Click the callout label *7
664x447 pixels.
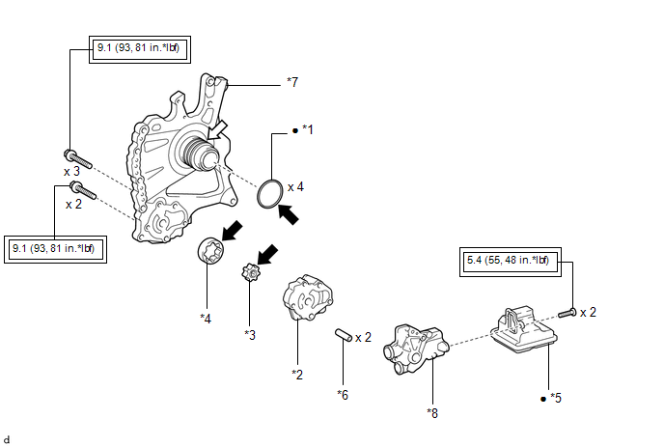293,84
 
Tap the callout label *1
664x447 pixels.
308,128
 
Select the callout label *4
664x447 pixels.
207,317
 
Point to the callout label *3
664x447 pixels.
250,334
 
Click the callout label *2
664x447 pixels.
297,374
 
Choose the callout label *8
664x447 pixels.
432,412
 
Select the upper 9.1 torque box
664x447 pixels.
143,48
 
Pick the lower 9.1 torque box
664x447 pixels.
54,249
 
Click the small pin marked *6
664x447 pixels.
343,336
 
